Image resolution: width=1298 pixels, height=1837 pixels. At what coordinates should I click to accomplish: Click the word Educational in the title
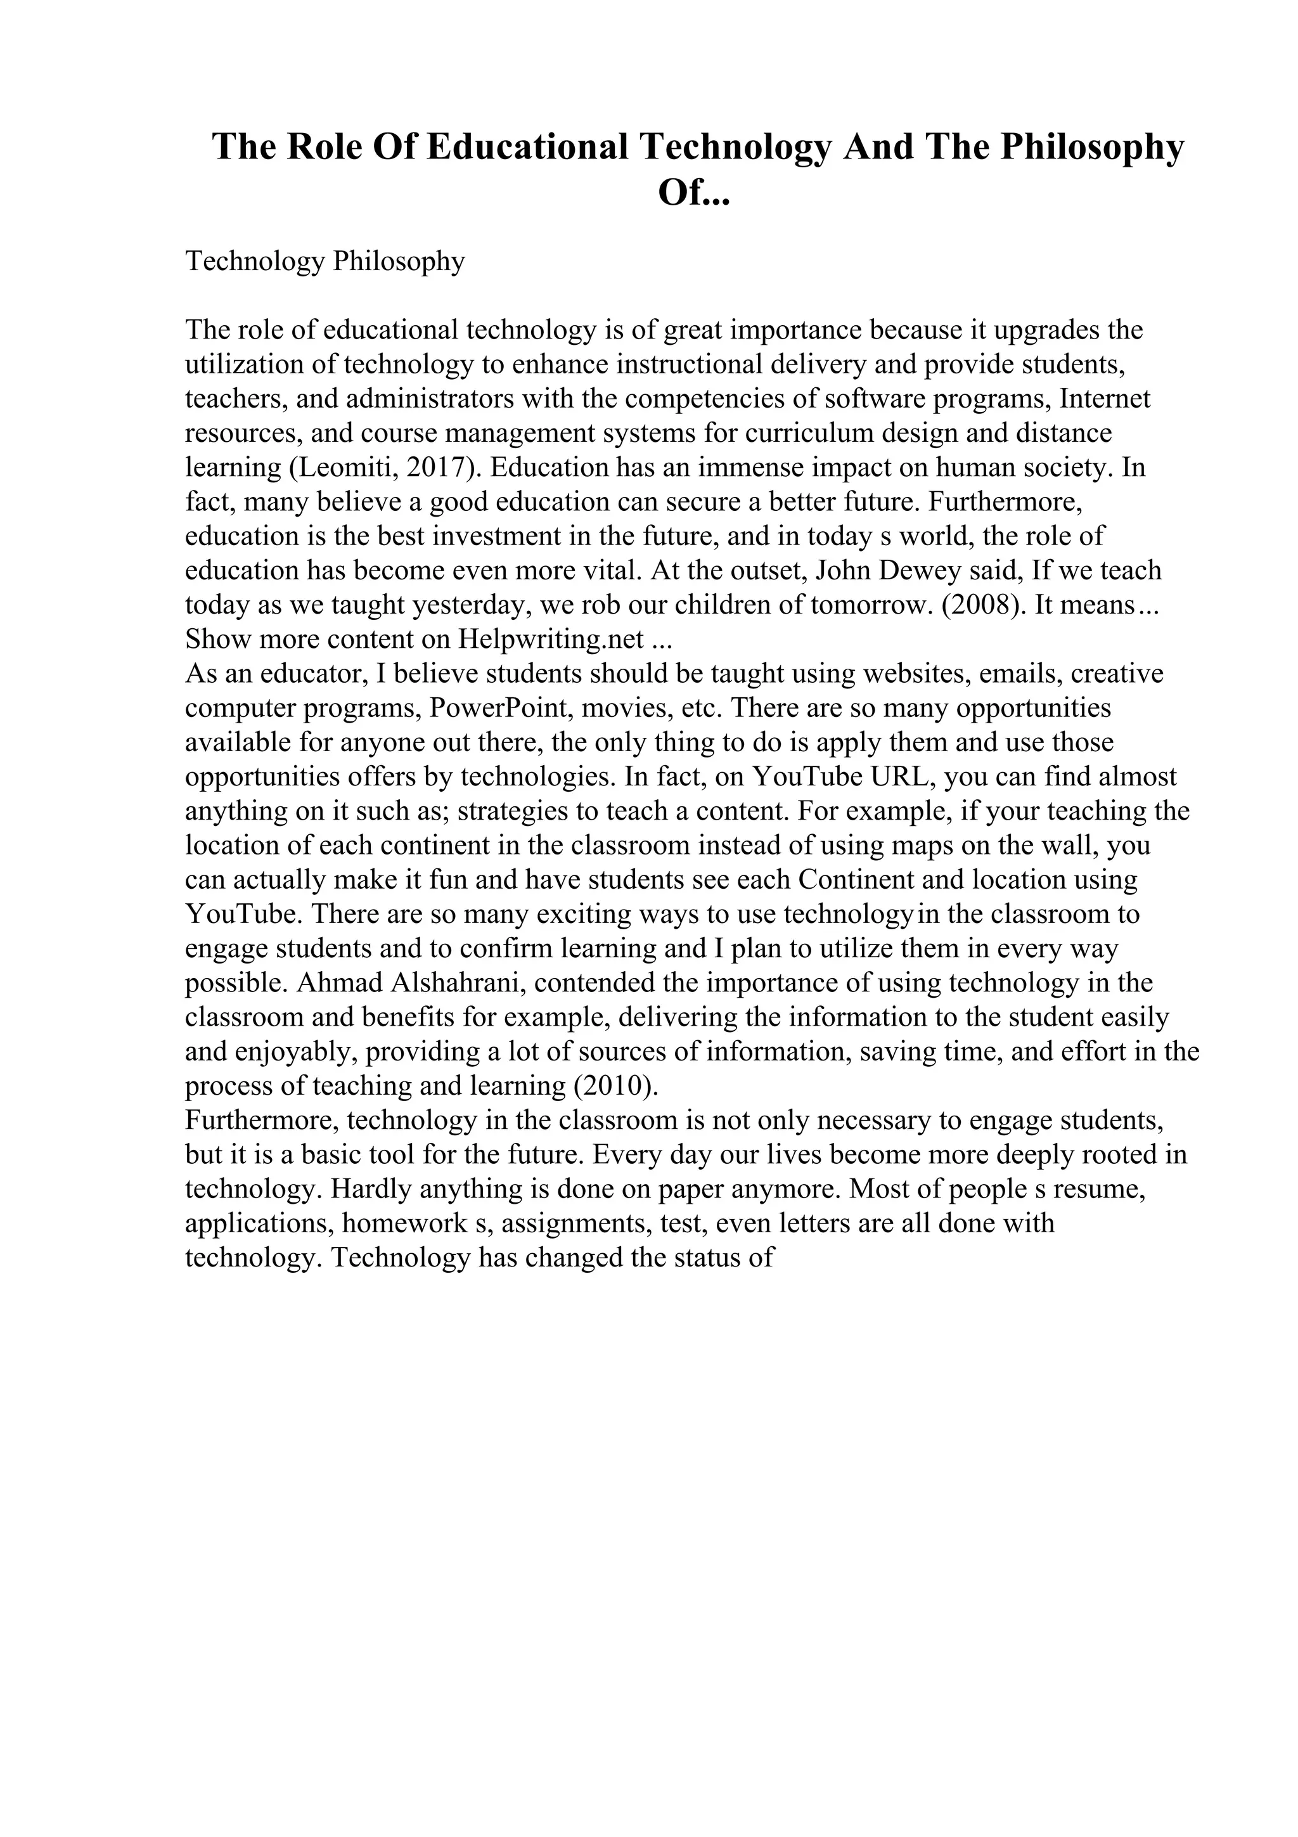[528, 148]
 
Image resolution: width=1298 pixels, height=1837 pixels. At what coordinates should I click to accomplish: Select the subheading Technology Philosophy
[324, 262]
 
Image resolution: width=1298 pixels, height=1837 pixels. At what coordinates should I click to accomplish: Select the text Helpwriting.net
[551, 639]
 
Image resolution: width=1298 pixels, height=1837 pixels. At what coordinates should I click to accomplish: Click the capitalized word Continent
[856, 880]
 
